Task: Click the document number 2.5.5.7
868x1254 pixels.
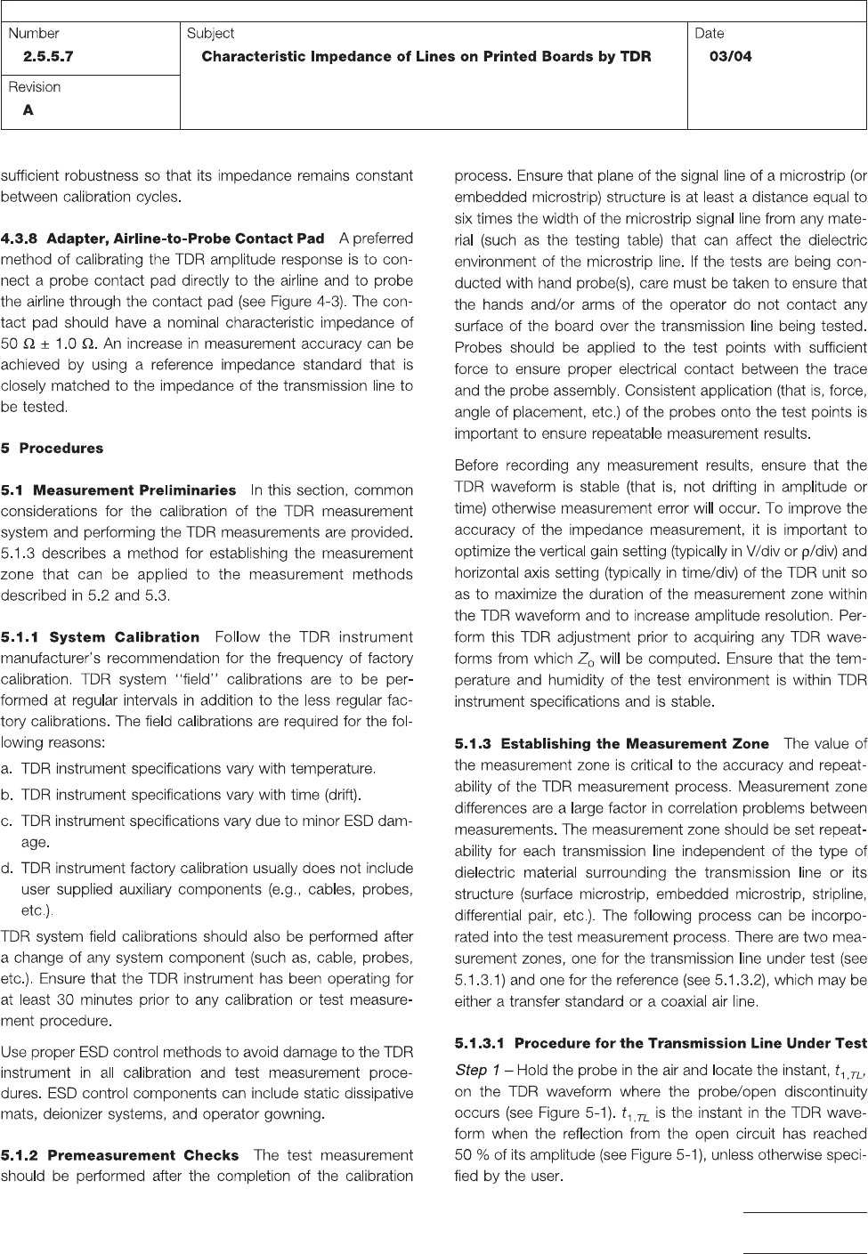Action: pyautogui.click(x=50, y=57)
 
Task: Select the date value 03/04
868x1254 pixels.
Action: pyautogui.click(x=730, y=57)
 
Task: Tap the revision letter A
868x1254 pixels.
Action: pyautogui.click(x=28, y=111)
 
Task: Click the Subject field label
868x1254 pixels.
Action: pyautogui.click(x=210, y=34)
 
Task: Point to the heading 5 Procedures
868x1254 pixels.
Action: pyautogui.click(x=53, y=449)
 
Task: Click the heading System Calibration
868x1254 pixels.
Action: pyautogui.click(x=125, y=637)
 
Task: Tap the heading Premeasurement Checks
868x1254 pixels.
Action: pyautogui.click(x=142, y=1155)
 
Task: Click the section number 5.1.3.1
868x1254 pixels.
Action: pyautogui.click(x=480, y=1042)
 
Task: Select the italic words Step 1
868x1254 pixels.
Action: pyautogui.click(x=478, y=1070)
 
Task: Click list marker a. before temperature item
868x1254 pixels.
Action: pyautogui.click(x=8, y=768)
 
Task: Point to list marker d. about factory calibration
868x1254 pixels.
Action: pyautogui.click(x=8, y=868)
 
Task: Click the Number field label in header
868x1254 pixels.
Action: pyautogui.click(x=34, y=34)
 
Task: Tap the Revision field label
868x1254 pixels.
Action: pyautogui.click(x=35, y=87)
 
